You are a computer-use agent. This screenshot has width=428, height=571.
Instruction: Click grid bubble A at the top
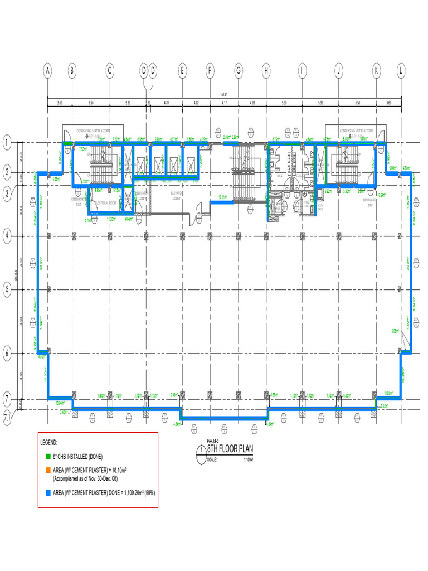click(x=48, y=71)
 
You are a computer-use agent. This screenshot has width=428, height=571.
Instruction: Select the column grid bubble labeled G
click(x=239, y=71)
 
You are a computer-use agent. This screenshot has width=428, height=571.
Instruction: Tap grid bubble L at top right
click(x=401, y=71)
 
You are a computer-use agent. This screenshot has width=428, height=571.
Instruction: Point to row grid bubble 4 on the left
click(x=7, y=236)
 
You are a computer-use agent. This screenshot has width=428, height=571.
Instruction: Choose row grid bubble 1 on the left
click(x=7, y=143)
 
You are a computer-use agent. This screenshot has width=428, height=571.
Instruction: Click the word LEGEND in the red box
click(x=49, y=442)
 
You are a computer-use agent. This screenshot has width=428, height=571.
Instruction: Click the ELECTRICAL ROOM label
click(x=105, y=203)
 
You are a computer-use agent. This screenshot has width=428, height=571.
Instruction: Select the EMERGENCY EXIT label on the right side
click(x=370, y=202)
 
